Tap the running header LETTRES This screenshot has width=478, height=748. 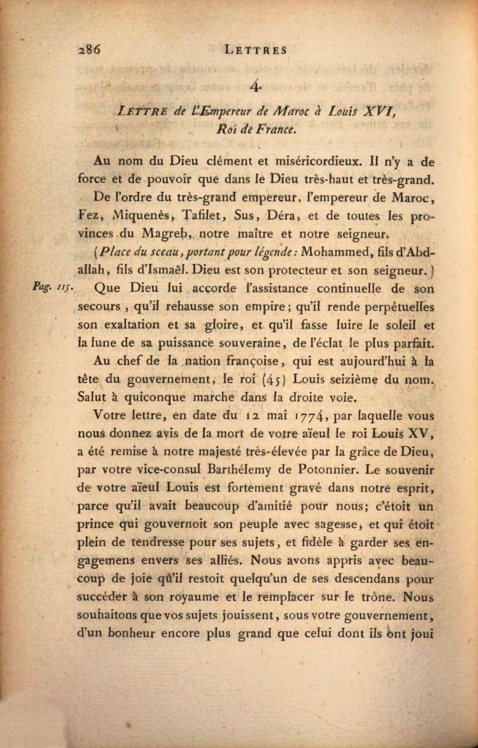click(x=256, y=49)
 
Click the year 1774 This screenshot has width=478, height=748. click(x=311, y=416)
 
